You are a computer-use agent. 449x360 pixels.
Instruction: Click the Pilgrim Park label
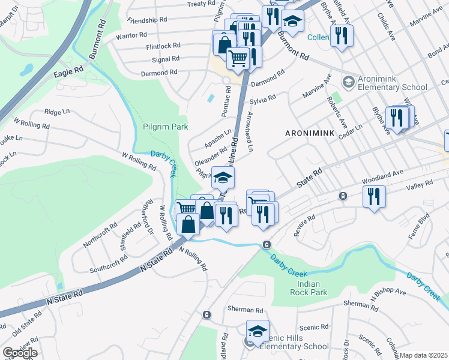tap(166, 127)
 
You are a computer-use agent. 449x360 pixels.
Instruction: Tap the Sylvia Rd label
tap(262, 98)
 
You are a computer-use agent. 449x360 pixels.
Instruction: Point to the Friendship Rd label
tap(146, 20)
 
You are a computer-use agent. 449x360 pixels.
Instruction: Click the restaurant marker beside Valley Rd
tap(374, 196)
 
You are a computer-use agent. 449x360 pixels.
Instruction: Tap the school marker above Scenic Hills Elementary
tap(257, 331)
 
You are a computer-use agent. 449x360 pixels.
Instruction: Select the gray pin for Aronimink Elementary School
tap(348, 81)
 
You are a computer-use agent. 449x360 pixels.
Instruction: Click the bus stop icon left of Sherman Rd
tap(206, 314)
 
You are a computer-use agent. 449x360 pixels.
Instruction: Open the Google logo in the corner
tap(19, 353)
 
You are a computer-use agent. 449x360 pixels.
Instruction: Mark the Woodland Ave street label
tap(381, 174)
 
